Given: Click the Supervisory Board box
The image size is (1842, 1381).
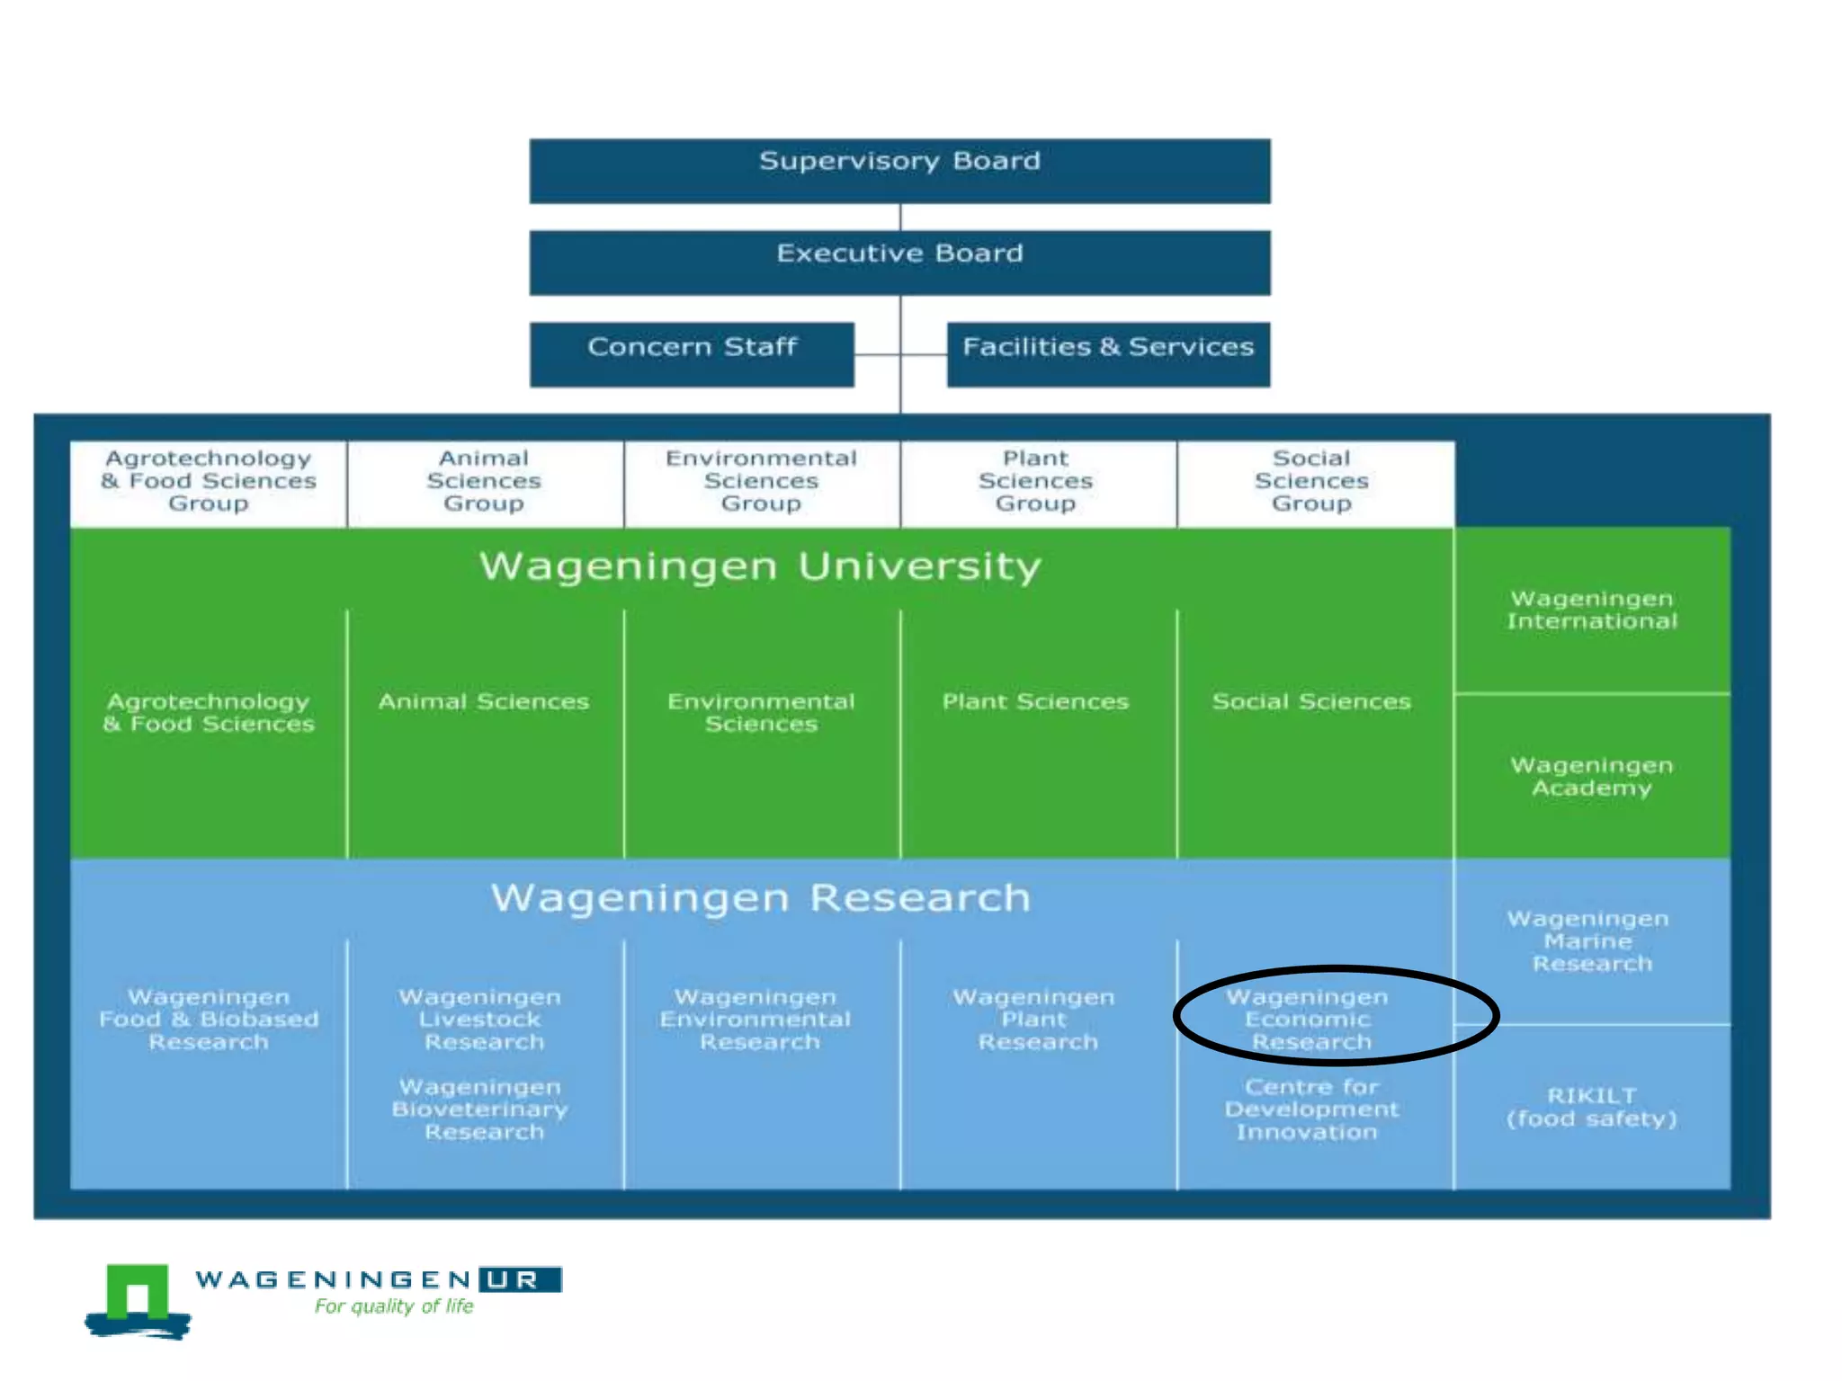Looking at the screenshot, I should [x=899, y=170].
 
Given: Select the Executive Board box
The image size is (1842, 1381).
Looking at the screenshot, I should [x=899, y=262].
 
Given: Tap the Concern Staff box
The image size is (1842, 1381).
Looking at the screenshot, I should [x=692, y=354].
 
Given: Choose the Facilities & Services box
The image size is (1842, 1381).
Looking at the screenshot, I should [x=1108, y=354].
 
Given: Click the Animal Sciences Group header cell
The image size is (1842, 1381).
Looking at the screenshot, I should [x=484, y=482].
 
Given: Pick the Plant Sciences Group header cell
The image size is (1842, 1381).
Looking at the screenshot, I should [x=1036, y=482].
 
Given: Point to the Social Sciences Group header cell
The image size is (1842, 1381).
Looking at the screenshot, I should [x=1312, y=482].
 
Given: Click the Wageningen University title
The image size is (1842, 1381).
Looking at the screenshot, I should [x=760, y=566].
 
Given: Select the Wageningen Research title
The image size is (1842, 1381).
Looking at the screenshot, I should [x=760, y=898].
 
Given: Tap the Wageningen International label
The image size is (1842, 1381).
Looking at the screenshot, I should [x=1592, y=610].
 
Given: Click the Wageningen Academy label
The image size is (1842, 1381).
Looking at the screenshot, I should [x=1592, y=777].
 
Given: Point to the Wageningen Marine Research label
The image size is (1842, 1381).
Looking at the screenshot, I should [x=1590, y=941].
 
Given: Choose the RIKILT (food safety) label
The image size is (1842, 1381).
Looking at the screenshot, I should [x=1592, y=1108].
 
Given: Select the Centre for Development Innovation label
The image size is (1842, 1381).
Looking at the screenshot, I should [x=1310, y=1109].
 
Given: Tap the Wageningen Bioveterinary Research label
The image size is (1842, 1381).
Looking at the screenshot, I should [x=482, y=1109].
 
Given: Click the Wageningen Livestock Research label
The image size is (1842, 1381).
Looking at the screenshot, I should [x=482, y=1020].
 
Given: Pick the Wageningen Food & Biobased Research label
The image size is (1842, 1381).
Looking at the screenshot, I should [x=209, y=1020].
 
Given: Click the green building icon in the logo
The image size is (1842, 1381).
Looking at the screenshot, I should [x=138, y=1295].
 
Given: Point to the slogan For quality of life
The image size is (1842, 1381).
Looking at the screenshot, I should [x=394, y=1306].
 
